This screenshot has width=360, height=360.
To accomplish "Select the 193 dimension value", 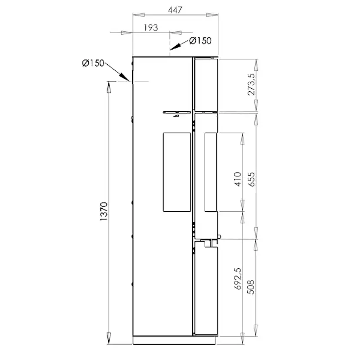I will (150, 27).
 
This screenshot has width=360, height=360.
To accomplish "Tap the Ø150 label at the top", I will (200, 41).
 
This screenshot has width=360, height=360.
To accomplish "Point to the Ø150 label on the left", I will (93, 63).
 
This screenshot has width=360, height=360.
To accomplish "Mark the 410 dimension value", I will (237, 179).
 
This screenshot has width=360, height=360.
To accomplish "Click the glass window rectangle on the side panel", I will (177, 172).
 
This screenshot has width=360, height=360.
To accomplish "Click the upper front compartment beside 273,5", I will (205, 84).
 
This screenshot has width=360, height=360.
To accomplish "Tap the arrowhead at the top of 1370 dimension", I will (109, 86).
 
